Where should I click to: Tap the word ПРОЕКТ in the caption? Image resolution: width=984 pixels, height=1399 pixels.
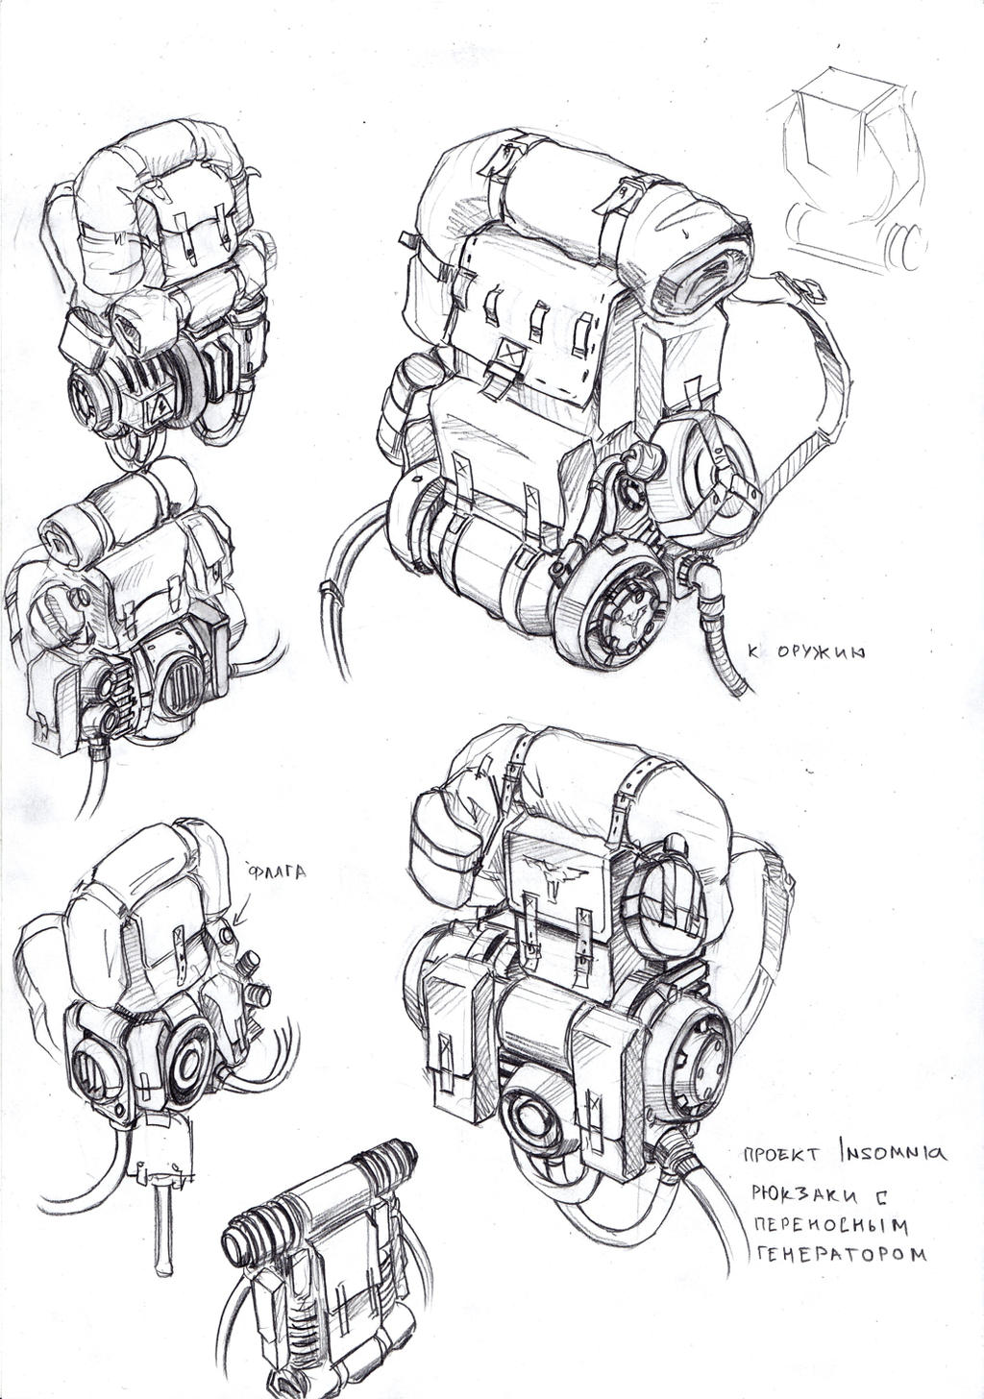click(x=782, y=1153)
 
